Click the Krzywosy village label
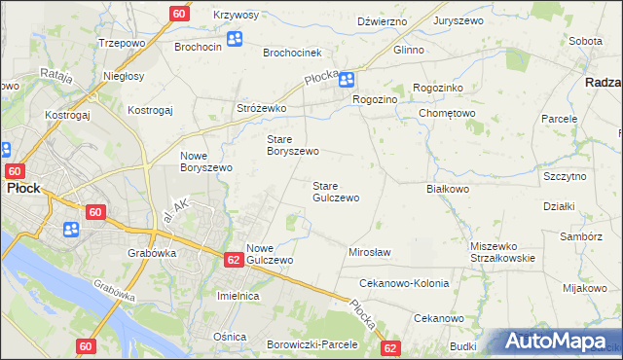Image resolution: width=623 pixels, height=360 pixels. [x=236, y=15]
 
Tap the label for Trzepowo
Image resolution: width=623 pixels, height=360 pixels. [x=122, y=44]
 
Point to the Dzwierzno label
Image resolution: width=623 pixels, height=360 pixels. [x=381, y=20]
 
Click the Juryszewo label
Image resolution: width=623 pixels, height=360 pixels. [x=458, y=20]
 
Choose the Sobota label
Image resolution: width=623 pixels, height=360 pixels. [x=585, y=42]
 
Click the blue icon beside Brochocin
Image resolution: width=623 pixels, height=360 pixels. [x=235, y=40]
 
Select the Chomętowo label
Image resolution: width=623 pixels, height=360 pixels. [x=446, y=113]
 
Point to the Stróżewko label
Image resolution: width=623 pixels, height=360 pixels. [x=260, y=108]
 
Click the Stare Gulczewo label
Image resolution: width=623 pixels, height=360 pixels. [x=335, y=191]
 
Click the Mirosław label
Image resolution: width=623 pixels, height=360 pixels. [x=369, y=252]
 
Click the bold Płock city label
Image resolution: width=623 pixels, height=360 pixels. [x=23, y=189]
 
